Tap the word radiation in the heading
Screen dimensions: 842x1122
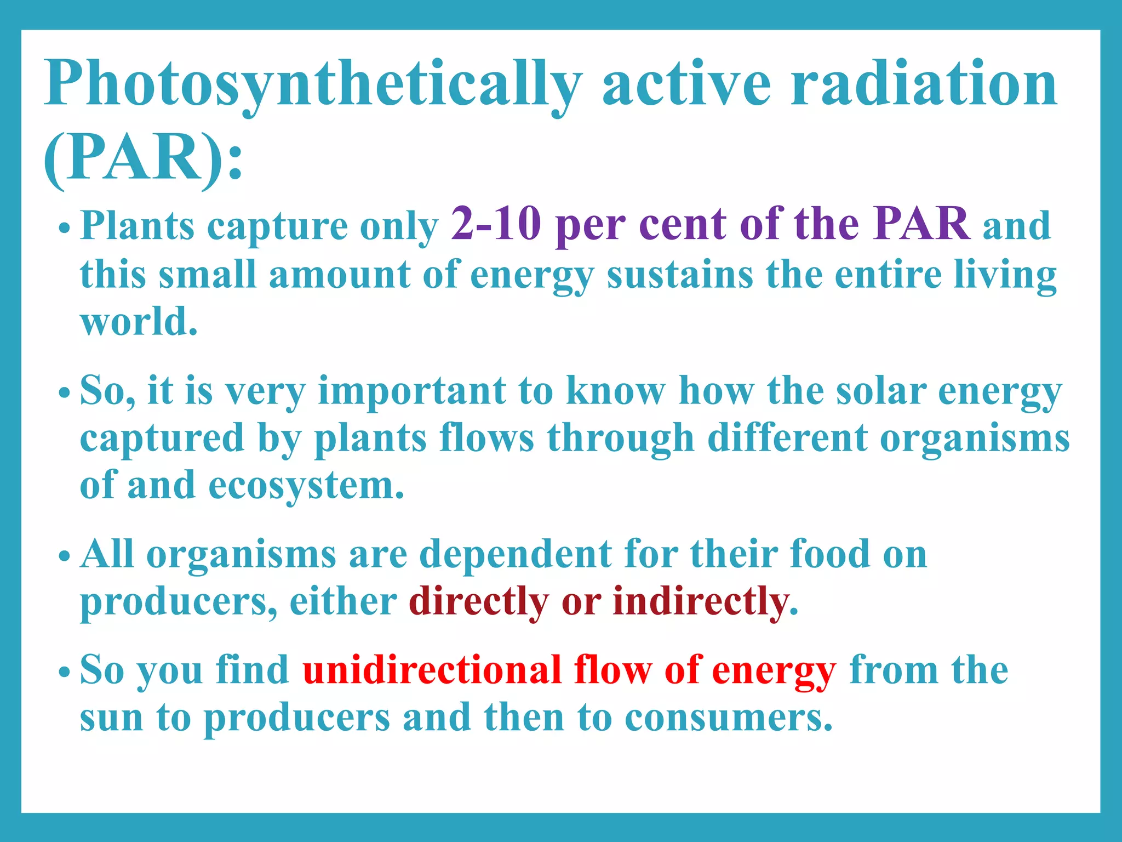pyautogui.click(x=924, y=84)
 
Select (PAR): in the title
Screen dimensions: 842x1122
pyautogui.click(x=144, y=159)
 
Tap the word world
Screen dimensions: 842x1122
pyautogui.click(x=139, y=322)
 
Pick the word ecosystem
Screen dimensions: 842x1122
pyautogui.click(x=306, y=486)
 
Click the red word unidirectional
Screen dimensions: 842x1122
pyautogui.click(x=432, y=670)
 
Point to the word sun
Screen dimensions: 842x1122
pyautogui.click(x=112, y=718)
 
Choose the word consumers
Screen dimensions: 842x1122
pyautogui.click(x=728, y=718)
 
